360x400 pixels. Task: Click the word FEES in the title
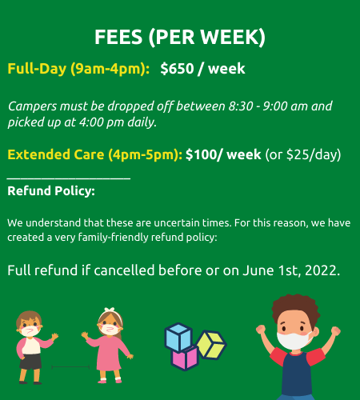coord(118,37)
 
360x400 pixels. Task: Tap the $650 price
coord(177,69)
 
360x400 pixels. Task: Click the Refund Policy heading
coord(51,191)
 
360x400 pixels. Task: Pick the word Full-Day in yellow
coord(37,69)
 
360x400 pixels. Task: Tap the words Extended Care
coord(56,154)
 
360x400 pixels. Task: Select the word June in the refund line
coord(258,270)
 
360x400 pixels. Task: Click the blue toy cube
coord(178,337)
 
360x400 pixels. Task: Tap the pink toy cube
coord(185,358)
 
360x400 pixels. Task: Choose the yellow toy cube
coord(212,345)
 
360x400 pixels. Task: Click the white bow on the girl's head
coord(110,310)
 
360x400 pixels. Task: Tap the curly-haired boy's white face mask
coord(294,341)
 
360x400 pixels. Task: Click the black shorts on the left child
coord(30,362)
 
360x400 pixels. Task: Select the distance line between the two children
coord(70,367)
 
